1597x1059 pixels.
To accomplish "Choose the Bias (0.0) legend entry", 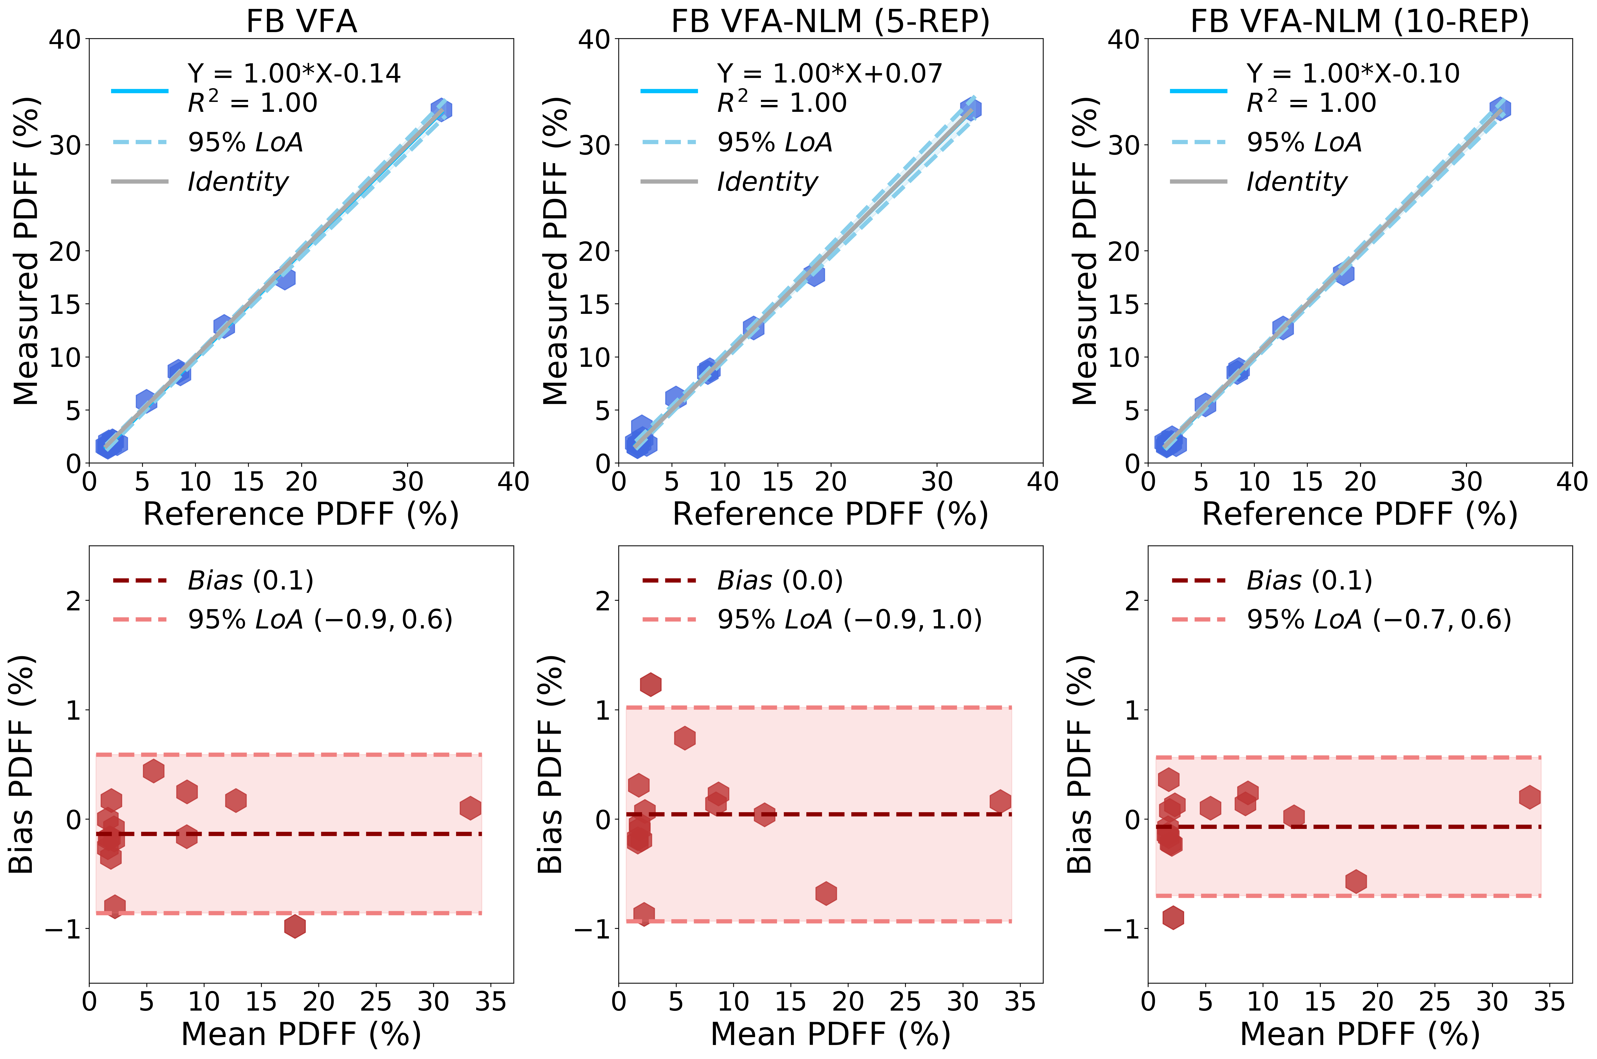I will (780, 580).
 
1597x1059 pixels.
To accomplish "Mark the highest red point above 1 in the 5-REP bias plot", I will (650, 684).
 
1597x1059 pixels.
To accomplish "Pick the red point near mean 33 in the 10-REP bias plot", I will (1530, 797).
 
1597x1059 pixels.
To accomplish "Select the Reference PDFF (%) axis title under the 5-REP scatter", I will (830, 514).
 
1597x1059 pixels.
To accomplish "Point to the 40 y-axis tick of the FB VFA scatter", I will (65, 39).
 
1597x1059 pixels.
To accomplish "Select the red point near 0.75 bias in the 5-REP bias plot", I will (685, 738).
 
